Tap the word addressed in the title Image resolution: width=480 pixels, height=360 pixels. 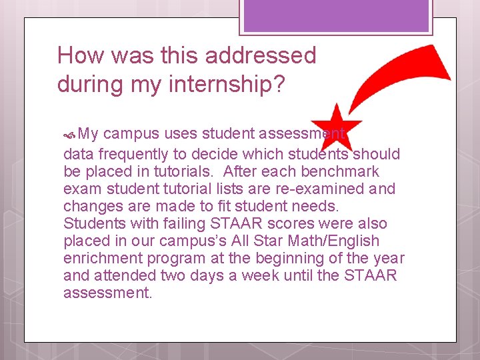[x=261, y=55]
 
